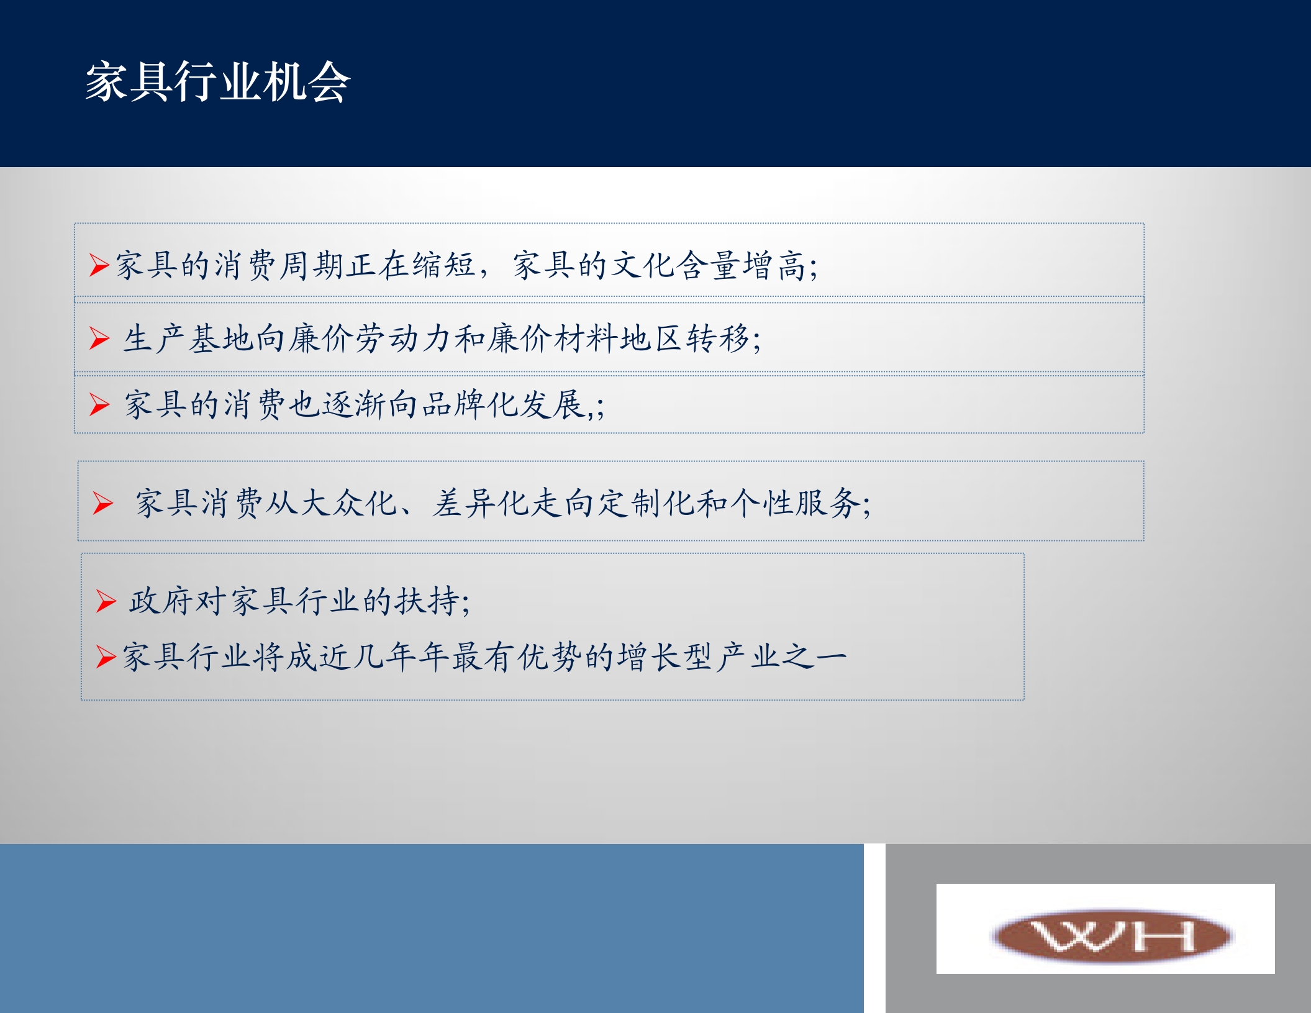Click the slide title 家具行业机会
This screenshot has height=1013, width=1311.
[218, 82]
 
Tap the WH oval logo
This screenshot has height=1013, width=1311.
[1112, 935]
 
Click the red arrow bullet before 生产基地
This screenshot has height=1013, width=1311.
[99, 338]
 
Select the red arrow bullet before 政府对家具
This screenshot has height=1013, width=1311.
[106, 601]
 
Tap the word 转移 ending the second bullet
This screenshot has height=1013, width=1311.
[718, 339]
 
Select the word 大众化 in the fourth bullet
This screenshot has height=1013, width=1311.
[348, 503]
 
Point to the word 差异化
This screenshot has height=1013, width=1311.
[481, 503]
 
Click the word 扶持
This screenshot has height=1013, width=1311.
[429, 601]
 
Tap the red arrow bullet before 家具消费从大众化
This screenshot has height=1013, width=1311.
[102, 503]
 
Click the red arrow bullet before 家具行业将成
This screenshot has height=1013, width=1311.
[106, 656]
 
